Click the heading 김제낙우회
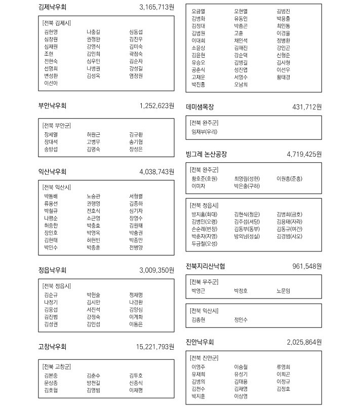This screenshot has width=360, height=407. [x=52, y=8]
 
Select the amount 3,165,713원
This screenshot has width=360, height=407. [x=156, y=8]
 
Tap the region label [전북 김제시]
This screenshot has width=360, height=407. [x=57, y=23]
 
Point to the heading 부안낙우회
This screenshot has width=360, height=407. [x=52, y=106]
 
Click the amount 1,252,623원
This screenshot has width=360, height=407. [x=156, y=106]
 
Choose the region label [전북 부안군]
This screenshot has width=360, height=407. [x=57, y=125]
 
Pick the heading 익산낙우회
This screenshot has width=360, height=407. [x=52, y=172]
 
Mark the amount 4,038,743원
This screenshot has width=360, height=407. [x=156, y=172]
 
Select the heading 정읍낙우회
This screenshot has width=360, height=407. [x=52, y=270]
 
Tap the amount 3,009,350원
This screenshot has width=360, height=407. [x=156, y=270]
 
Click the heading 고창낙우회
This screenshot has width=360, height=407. [x=52, y=347]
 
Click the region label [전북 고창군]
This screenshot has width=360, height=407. [x=57, y=366]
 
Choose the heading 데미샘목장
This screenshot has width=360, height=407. [x=200, y=107]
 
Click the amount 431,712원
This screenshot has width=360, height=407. [x=307, y=107]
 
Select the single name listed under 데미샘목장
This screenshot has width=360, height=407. [x=205, y=131]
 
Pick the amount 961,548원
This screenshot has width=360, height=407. [x=307, y=266]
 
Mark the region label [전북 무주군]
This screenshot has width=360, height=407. [x=204, y=281]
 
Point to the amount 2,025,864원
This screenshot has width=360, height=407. [x=304, y=342]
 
